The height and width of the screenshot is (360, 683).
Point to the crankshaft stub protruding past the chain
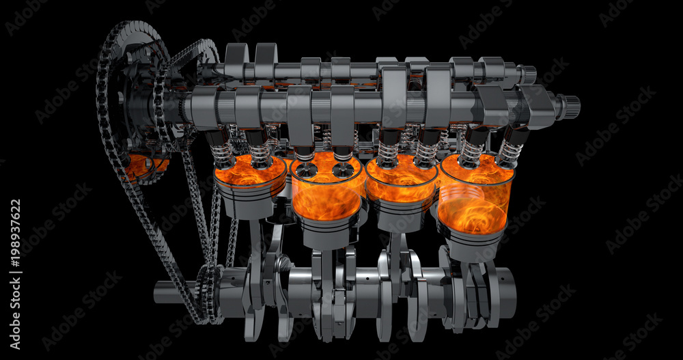pyautogui.click(x=167, y=292)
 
